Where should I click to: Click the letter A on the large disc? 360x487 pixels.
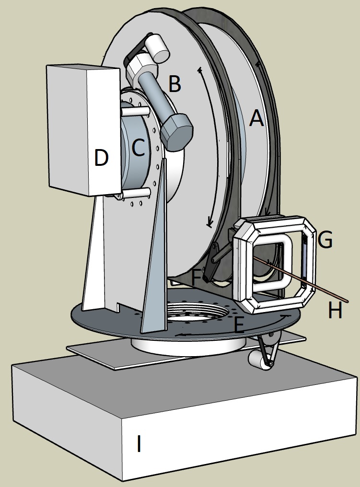[x=257, y=117]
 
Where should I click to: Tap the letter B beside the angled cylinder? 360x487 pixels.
[x=174, y=84]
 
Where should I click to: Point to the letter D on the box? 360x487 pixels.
[x=101, y=158]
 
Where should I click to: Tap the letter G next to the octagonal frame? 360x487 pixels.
[x=325, y=240]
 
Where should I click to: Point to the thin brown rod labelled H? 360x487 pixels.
[x=307, y=283]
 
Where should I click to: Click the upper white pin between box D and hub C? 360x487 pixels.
[x=136, y=111]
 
